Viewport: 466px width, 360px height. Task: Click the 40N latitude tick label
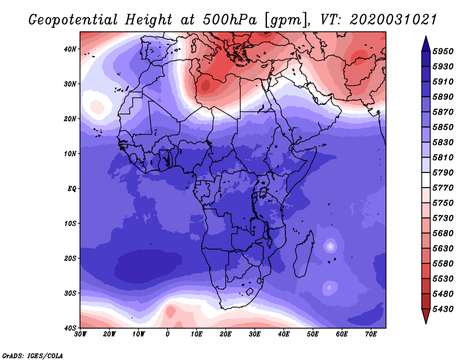70,49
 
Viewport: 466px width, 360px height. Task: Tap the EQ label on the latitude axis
72,189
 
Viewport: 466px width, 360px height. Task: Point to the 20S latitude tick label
70,258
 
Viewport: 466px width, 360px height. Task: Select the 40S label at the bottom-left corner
70,328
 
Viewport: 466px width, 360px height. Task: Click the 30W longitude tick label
80,334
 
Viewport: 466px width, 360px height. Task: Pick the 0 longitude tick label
168,334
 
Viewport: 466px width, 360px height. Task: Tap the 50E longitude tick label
313,334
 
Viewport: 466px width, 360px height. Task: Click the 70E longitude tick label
370,334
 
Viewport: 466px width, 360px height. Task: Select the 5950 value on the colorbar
443,51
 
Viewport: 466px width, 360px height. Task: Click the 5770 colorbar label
443,188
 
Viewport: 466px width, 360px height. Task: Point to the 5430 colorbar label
443,309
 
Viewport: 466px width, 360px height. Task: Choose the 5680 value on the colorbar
443,234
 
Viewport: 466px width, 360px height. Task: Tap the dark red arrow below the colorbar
426,315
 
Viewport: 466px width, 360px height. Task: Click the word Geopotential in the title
73,20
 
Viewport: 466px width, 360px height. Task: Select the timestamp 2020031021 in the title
393,20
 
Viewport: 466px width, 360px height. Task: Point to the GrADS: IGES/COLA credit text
33,355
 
